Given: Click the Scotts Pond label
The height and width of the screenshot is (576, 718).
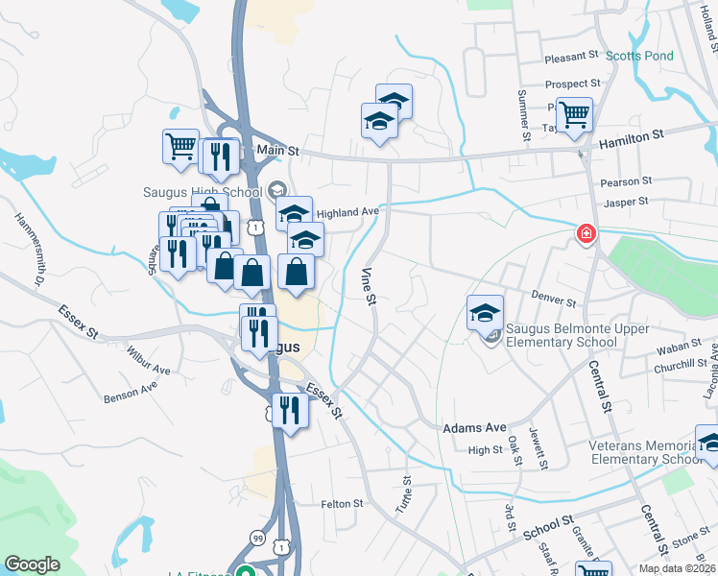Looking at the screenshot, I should (639, 56).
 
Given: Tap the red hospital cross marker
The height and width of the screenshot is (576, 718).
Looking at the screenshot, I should (585, 234).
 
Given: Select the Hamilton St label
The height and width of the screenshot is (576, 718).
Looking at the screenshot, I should (631, 139).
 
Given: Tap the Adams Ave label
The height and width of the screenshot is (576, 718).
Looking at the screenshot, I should (474, 427).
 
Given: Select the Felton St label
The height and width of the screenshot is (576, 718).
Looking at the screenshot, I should (342, 503).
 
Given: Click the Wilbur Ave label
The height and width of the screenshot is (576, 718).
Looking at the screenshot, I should (148, 361).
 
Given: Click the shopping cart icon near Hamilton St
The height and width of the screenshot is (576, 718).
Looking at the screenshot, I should (574, 115).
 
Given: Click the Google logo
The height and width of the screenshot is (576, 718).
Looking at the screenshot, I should (32, 564).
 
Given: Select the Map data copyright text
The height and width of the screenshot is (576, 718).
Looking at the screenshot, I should (676, 568).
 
